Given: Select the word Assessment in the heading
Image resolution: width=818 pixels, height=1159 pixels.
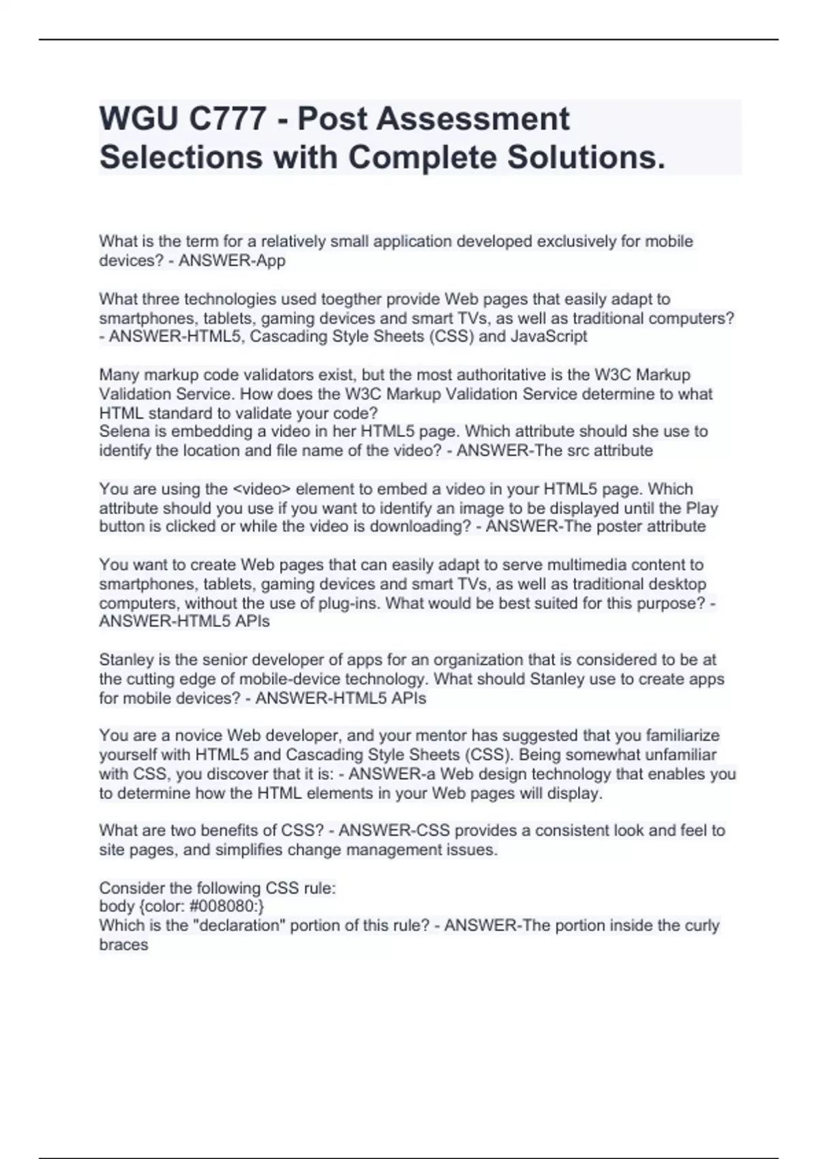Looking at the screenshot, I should coord(472,119).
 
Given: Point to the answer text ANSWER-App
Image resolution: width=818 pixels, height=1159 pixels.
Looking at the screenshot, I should coord(232,260).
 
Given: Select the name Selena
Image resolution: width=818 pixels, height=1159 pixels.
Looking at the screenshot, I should coord(123,432).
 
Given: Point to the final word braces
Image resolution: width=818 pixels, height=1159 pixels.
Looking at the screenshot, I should coord(123,945).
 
